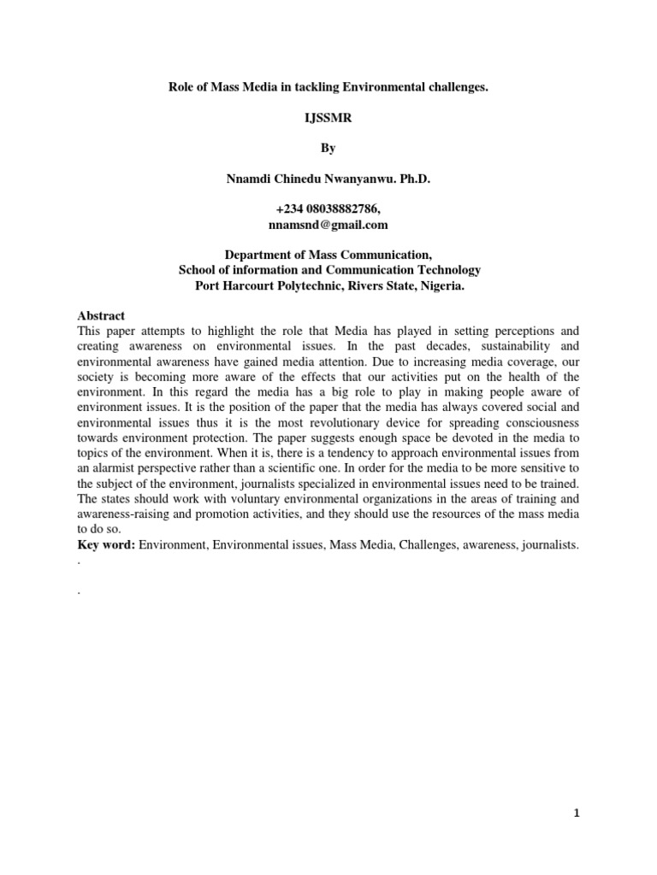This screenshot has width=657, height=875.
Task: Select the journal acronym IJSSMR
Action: point(328,119)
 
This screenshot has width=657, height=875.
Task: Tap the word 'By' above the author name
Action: point(328,148)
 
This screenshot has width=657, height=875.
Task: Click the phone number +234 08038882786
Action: point(328,209)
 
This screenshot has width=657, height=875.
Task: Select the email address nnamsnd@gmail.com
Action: point(328,225)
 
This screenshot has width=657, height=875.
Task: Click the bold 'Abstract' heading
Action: point(101,315)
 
